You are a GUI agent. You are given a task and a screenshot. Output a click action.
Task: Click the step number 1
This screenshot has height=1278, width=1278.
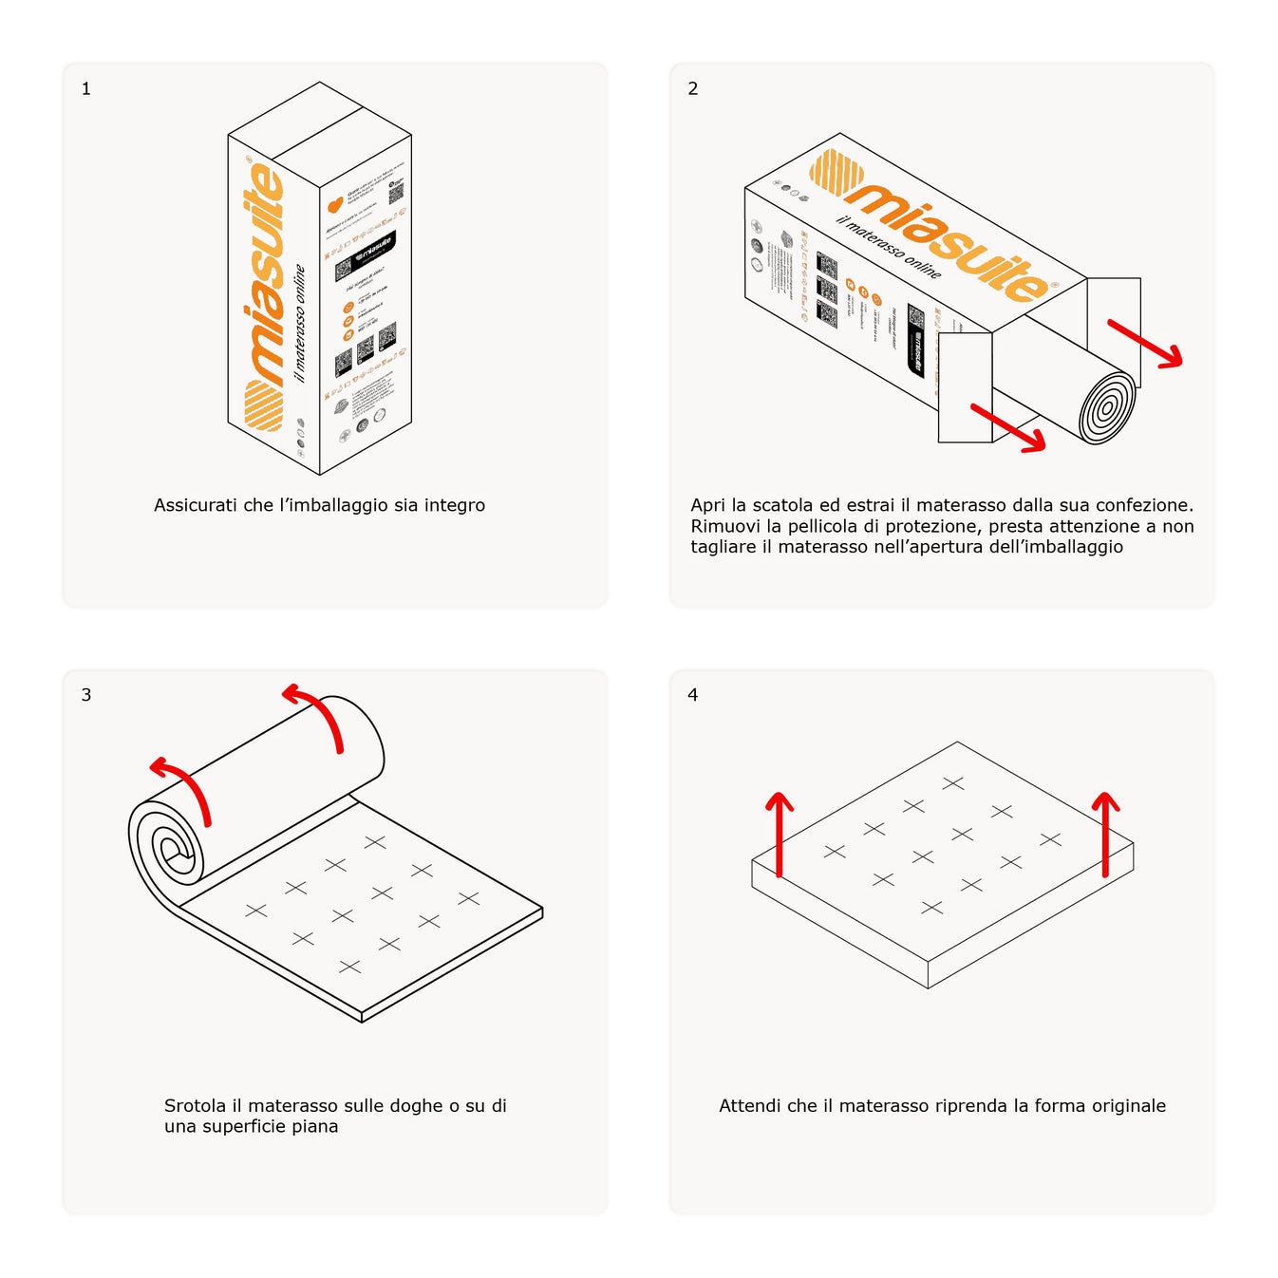[x=86, y=89]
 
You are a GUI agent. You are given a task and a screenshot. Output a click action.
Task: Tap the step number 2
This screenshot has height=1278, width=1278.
[x=693, y=89]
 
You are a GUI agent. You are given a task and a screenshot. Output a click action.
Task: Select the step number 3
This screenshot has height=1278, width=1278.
[x=86, y=695]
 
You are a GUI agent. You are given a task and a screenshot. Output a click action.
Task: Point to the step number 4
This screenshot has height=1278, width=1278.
[x=693, y=695]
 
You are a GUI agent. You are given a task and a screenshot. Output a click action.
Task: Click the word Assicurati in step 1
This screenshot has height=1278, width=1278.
[x=195, y=505]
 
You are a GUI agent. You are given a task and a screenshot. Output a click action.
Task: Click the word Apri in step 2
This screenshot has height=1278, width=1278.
[x=707, y=506]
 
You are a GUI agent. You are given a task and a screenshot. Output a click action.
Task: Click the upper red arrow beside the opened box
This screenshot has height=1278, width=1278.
[x=1146, y=343]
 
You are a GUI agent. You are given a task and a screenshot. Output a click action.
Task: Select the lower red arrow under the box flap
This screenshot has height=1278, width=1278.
[x=1008, y=428]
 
